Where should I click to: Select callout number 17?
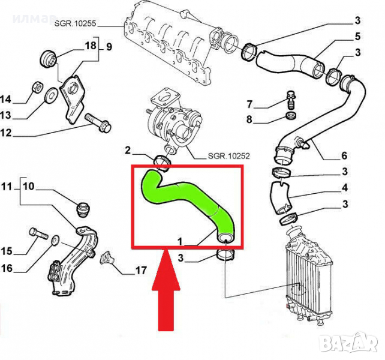140,271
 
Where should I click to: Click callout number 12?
7,133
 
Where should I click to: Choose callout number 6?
344,156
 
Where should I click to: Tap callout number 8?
249,119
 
